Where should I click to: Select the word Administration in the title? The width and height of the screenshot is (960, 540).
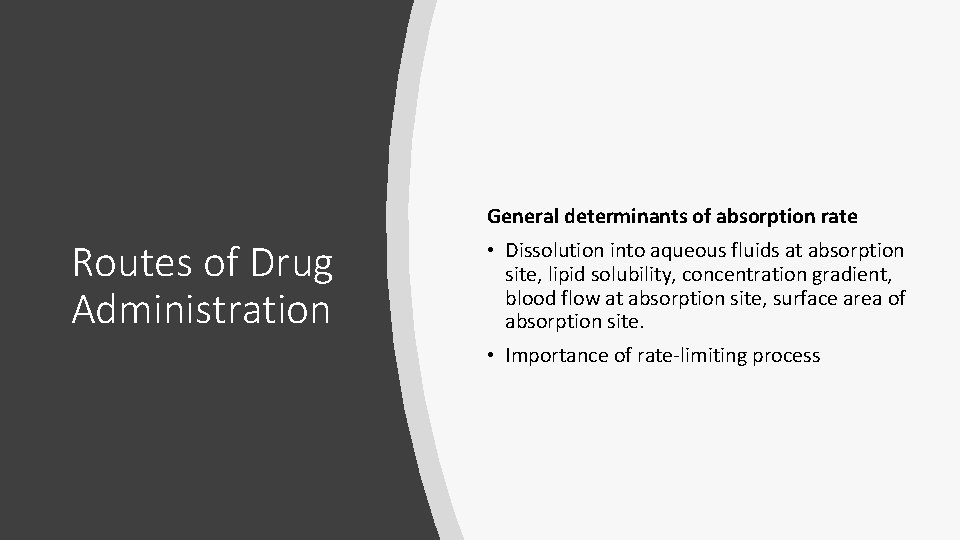201,309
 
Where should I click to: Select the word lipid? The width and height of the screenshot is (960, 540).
561,274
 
